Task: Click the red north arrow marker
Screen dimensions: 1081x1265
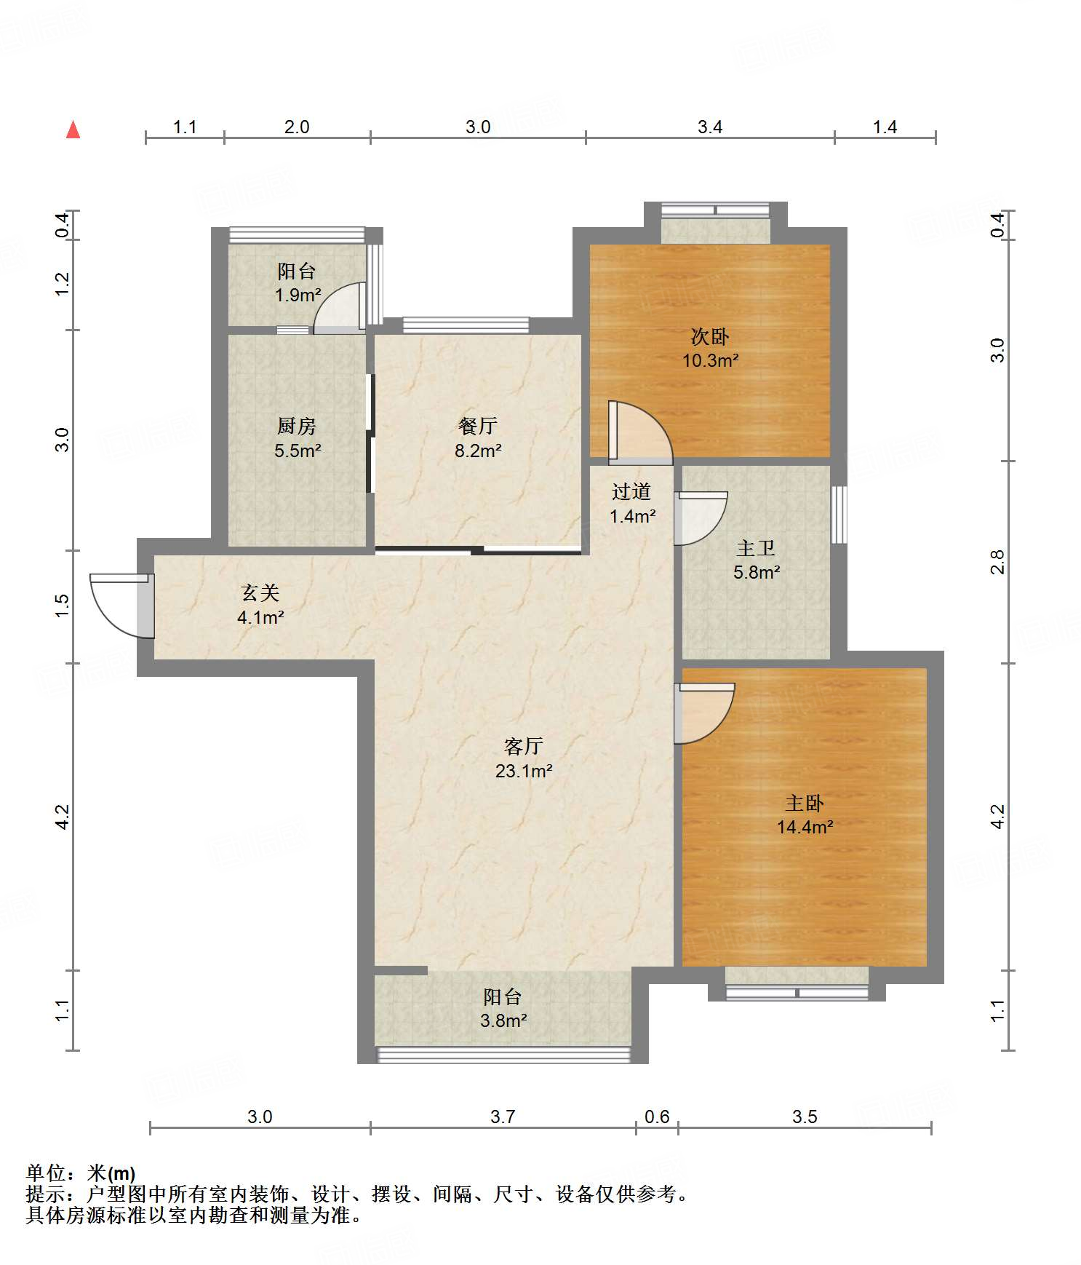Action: pyautogui.click(x=73, y=130)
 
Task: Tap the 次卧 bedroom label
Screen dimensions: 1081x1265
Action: pyautogui.click(x=710, y=336)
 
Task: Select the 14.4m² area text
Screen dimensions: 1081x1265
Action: pyautogui.click(x=805, y=828)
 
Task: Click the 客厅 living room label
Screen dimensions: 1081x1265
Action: pyautogui.click(x=524, y=746)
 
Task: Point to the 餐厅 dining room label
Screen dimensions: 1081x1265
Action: pyautogui.click(x=478, y=426)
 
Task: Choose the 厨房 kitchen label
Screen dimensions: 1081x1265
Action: pyautogui.click(x=297, y=426)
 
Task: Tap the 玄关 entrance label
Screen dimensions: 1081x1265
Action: pyautogui.click(x=260, y=593)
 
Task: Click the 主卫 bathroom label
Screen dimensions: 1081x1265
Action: pyautogui.click(x=756, y=548)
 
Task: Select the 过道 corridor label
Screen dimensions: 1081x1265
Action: pyautogui.click(x=631, y=492)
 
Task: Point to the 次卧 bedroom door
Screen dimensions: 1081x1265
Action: pyautogui.click(x=640, y=433)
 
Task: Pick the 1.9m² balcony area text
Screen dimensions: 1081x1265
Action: pyautogui.click(x=298, y=296)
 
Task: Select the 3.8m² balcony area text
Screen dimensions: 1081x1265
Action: pyautogui.click(x=503, y=1021)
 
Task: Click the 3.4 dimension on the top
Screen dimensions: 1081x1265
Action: pyautogui.click(x=710, y=127)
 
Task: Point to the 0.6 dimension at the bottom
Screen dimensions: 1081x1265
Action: pyautogui.click(x=657, y=1117)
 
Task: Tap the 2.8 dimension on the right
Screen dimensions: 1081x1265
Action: pyautogui.click(x=997, y=562)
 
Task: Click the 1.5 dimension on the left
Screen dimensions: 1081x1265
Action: pyautogui.click(x=63, y=606)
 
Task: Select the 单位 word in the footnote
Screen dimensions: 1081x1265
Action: pyautogui.click(x=46, y=1173)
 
